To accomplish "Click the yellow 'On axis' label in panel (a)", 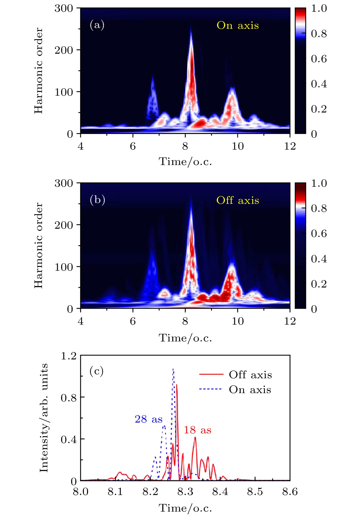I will point(237,25).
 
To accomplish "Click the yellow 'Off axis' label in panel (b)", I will point(237,200).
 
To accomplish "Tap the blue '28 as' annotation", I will point(149,419).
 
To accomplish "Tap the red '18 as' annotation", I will point(197,430).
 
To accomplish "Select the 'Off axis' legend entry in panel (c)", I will point(250,375).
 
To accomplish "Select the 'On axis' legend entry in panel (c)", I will point(250,389).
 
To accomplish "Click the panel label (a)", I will point(97,25).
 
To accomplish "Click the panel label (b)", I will point(97,200).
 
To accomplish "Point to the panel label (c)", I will point(97,371).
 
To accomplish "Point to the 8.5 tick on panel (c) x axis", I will point(255,492).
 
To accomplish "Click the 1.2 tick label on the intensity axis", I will point(69,356).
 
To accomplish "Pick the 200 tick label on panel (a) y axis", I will point(64,50).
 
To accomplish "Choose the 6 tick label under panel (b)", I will point(133,321).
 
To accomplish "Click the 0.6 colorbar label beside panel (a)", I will point(319,59).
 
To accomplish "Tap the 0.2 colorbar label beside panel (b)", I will point(319,284).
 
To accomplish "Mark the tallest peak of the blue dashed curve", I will point(173,369).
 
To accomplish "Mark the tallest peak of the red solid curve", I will point(177,385).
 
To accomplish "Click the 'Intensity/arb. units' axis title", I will point(44,418).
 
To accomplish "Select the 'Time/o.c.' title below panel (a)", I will point(185,162).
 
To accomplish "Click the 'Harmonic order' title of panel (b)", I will point(39,246).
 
